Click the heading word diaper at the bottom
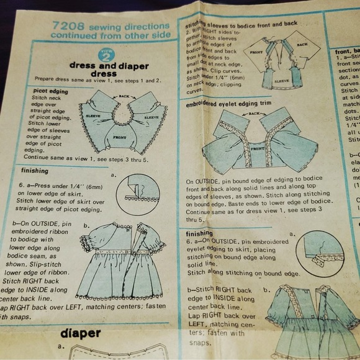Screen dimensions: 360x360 pyautogui.click(x=81, y=333)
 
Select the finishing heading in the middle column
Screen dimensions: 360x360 pyautogui.click(x=200, y=233)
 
